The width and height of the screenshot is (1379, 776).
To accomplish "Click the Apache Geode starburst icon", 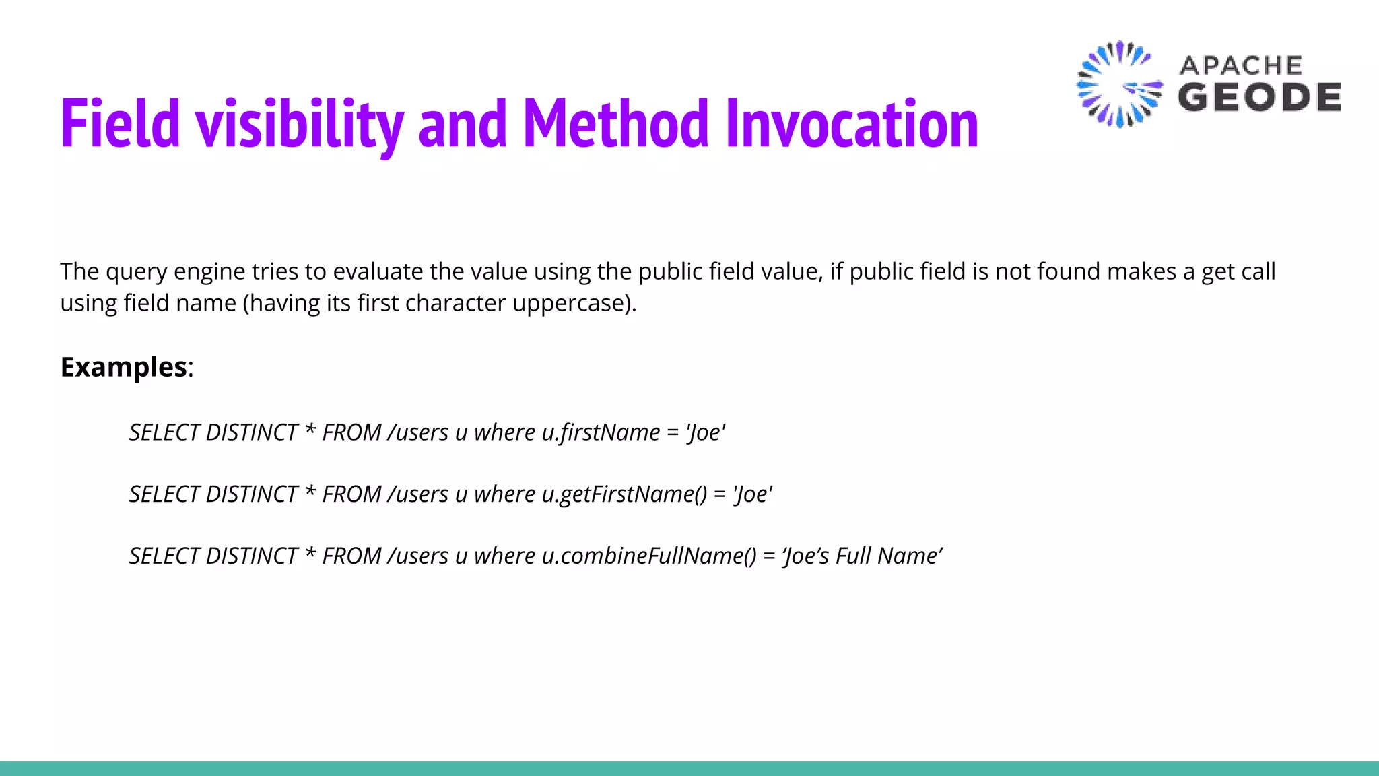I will (x=1119, y=84).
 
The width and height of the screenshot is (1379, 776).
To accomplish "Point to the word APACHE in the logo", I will (x=1240, y=65).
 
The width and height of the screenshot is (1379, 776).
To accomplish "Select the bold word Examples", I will (x=124, y=367).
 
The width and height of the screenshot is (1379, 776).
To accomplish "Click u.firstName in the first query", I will (x=601, y=432).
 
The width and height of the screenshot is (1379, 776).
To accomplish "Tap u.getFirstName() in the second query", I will (x=624, y=494).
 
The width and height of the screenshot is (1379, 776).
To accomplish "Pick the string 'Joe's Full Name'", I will (x=863, y=556).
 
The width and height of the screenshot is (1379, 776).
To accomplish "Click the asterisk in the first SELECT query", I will (x=310, y=430).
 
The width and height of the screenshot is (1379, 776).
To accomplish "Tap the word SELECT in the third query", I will (x=164, y=556).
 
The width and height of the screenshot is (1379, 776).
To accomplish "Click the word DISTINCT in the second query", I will (x=251, y=494).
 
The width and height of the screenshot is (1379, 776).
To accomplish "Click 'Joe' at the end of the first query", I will (x=706, y=432).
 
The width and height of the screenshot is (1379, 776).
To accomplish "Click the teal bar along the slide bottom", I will (x=689, y=768).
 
